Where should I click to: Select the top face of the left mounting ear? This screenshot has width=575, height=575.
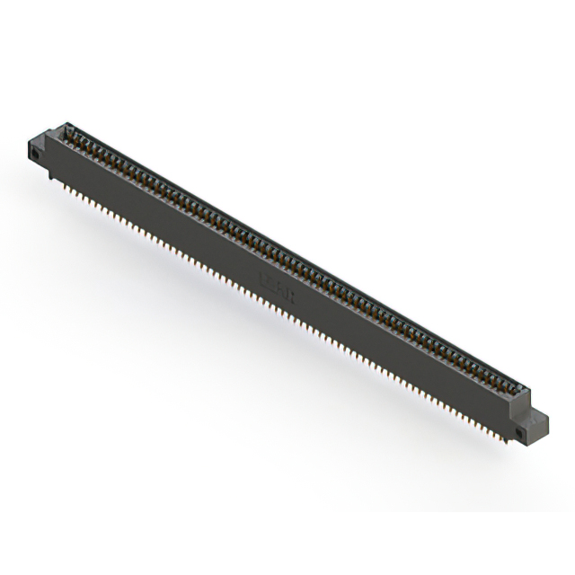(40, 137)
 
